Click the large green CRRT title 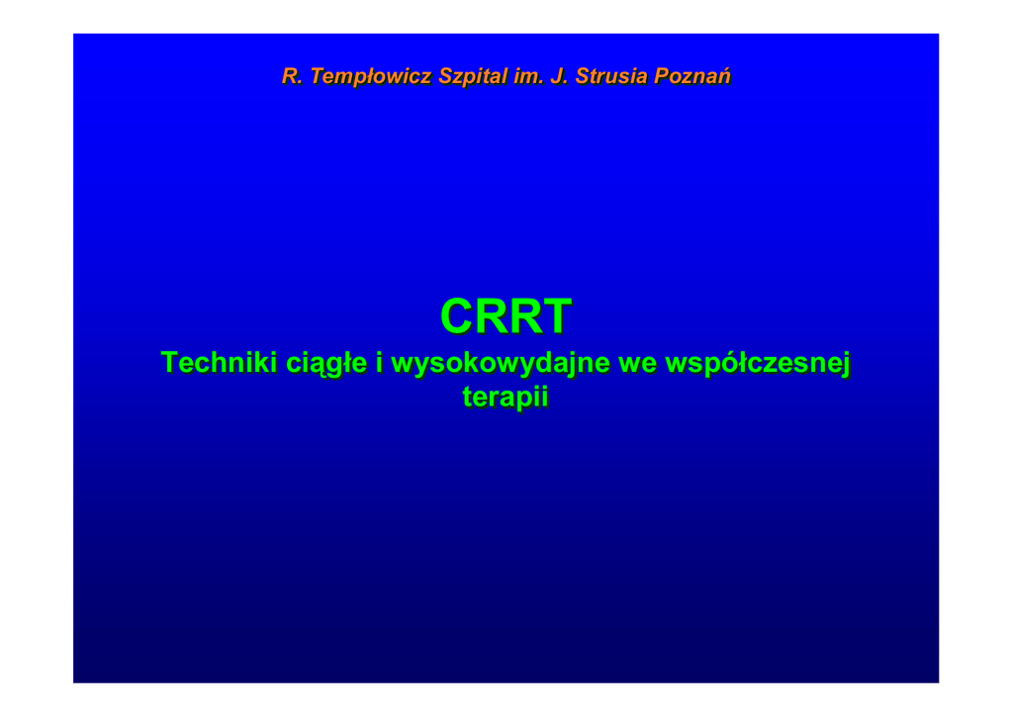[506, 316]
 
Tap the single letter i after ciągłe [379, 362]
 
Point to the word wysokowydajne [501, 364]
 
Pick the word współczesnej [758, 364]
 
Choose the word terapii [506, 397]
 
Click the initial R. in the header [292, 76]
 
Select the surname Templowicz [371, 77]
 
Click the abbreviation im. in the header [528, 76]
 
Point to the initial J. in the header [559, 76]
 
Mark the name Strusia [611, 76]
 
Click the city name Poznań [691, 76]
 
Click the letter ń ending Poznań [724, 76]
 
